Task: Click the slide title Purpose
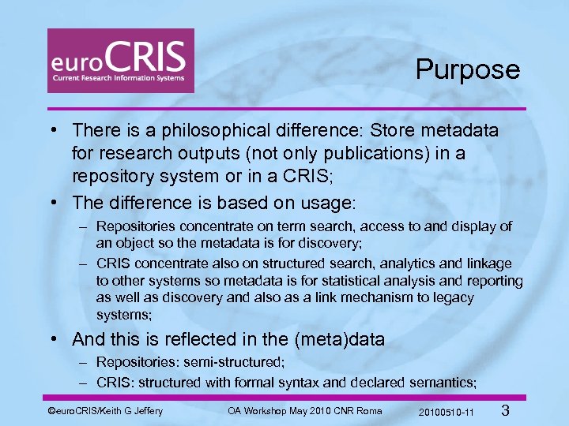(468, 69)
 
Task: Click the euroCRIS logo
(120, 61)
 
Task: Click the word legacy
(452, 297)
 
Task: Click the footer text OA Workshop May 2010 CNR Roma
(304, 410)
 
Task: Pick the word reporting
(496, 281)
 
